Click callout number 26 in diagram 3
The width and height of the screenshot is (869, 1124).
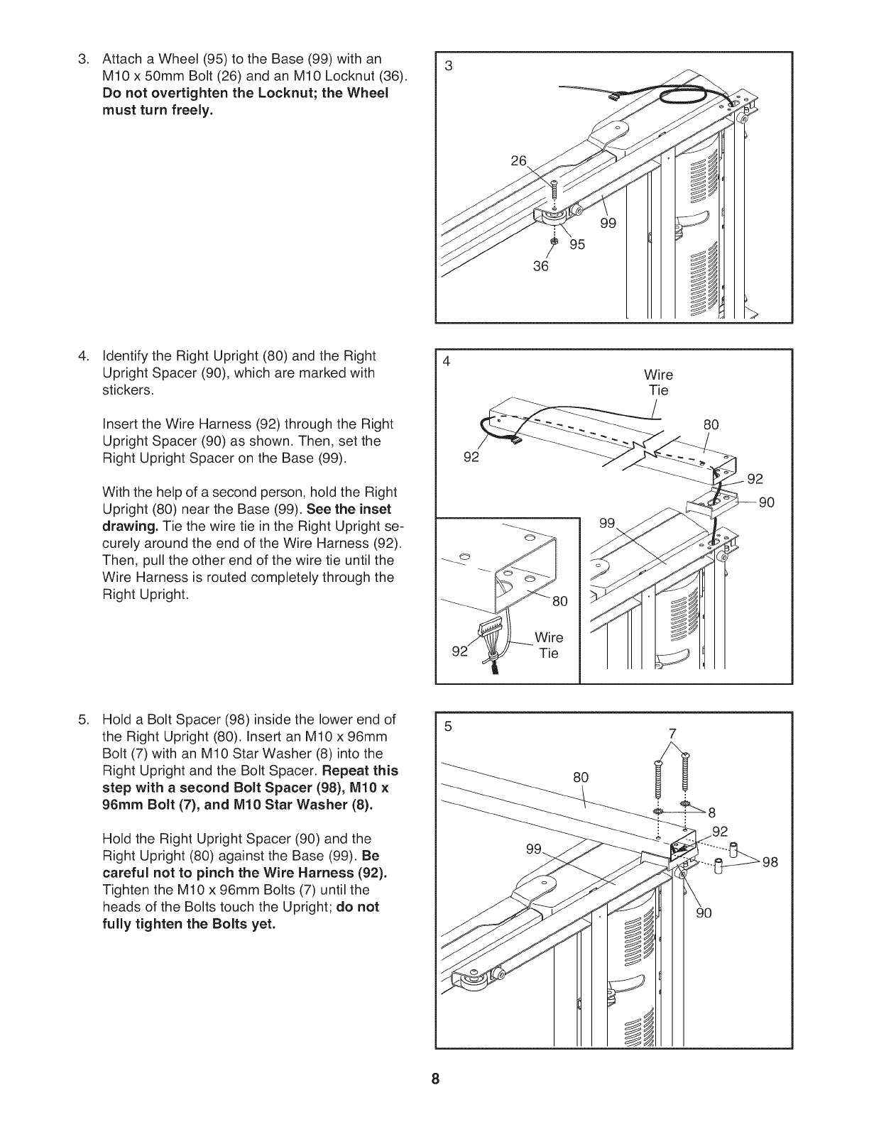[520, 161]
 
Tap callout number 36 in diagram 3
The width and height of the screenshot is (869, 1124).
[541, 266]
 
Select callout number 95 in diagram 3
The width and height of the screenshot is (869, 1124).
[577, 245]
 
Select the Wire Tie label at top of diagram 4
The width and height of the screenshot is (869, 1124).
[658, 382]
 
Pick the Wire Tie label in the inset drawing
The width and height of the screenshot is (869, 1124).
[549, 645]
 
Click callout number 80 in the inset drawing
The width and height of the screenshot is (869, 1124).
[560, 602]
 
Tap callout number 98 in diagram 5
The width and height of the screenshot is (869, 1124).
[770, 862]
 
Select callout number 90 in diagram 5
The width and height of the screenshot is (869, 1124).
[703, 913]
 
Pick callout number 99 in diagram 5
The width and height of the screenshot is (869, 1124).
[535, 849]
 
